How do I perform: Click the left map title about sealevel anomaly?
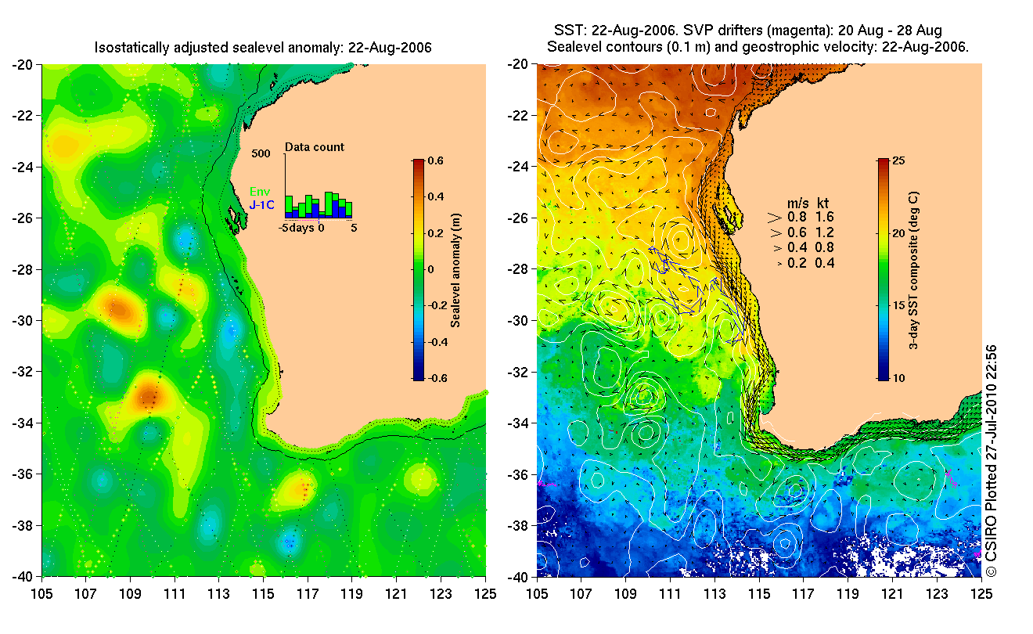[x=263, y=48]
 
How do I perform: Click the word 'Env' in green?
[x=260, y=191]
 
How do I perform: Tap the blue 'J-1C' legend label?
[x=261, y=205]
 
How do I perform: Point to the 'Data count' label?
[x=314, y=147]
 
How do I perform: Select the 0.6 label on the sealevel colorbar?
[x=435, y=161]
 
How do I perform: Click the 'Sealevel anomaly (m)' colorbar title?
[x=455, y=270]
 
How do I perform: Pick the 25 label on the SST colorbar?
[x=898, y=161]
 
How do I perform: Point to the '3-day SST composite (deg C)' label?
[x=914, y=270]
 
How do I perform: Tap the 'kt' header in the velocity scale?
[x=823, y=201]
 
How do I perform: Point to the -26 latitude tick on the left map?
[x=23, y=218]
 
